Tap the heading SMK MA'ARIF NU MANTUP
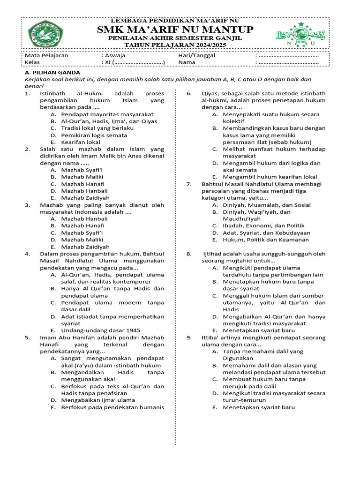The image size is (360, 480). (x=175, y=30)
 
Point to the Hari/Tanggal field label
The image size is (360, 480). (x=196, y=55)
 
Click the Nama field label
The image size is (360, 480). (x=187, y=62)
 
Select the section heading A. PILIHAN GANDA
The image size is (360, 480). (x=52, y=73)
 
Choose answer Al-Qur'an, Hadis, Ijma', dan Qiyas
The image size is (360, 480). (x=109, y=121)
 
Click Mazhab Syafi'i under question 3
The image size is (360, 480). (x=82, y=232)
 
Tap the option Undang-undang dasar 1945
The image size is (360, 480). (x=100, y=330)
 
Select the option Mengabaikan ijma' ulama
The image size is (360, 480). (x=97, y=400)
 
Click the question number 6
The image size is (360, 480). (x=188, y=93)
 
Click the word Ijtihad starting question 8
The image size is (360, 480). (x=213, y=254)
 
